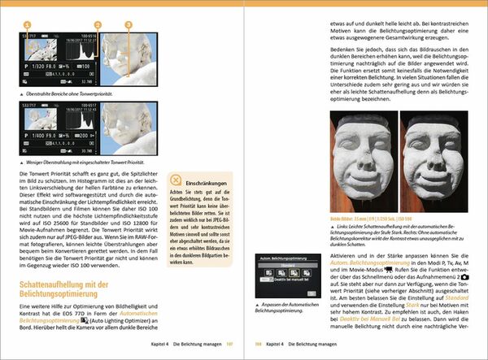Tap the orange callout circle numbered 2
98,25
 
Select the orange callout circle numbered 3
128,25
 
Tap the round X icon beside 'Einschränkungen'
177,185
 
